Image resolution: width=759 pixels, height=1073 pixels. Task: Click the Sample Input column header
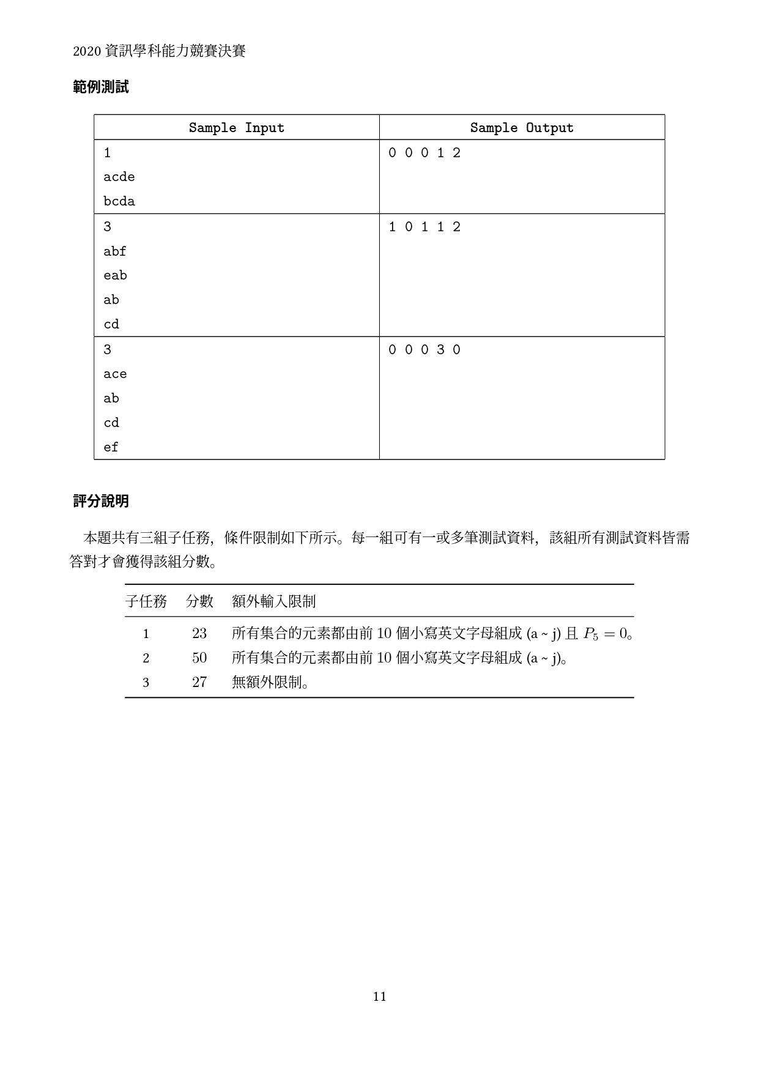(x=236, y=128)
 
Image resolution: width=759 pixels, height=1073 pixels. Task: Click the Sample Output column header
(x=522, y=128)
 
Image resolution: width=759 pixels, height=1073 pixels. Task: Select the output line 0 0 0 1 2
(x=424, y=153)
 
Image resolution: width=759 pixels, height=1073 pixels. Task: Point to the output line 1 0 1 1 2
(x=424, y=227)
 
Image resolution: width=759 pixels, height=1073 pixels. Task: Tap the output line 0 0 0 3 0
(x=424, y=350)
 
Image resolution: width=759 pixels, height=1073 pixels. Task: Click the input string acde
(x=119, y=177)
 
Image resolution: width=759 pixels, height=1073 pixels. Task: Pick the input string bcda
(x=119, y=201)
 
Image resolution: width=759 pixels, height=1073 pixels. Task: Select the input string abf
(x=115, y=251)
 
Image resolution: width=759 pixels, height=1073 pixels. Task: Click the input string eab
(x=115, y=275)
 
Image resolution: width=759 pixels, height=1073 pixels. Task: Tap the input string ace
(x=115, y=374)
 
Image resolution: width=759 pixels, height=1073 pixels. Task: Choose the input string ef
(x=111, y=447)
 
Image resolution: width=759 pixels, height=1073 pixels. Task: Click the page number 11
(x=379, y=997)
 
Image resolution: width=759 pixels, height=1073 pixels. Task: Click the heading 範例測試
(x=101, y=87)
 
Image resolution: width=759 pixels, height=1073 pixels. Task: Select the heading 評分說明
(x=101, y=501)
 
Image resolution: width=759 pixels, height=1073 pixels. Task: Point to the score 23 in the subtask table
(x=199, y=633)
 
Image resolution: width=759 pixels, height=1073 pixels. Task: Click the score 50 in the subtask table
(x=199, y=658)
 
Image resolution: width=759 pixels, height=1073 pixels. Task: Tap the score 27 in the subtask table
(x=199, y=682)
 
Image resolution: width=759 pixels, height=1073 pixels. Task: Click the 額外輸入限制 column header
(x=274, y=601)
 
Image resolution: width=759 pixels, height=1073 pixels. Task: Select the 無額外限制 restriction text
(x=270, y=682)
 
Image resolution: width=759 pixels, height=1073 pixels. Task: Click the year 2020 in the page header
(x=86, y=52)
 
